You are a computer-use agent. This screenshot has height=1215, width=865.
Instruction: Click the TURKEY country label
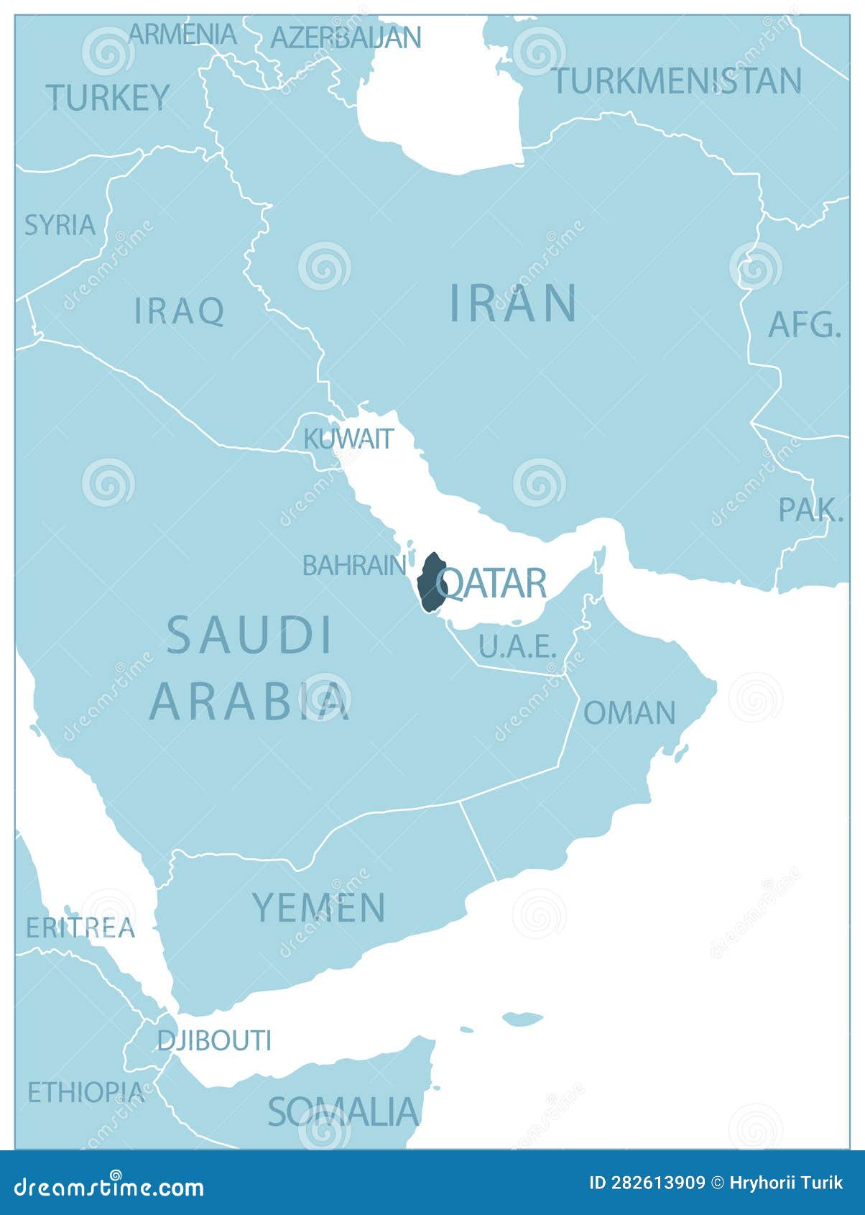point(108,97)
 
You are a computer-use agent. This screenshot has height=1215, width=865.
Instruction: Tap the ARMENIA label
point(182,34)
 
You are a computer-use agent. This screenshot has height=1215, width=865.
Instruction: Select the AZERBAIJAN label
point(346,37)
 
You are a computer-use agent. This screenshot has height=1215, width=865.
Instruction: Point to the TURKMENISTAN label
point(677,81)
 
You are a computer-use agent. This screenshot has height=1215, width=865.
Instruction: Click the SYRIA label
point(60,225)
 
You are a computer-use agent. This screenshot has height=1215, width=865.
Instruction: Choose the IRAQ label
point(180,311)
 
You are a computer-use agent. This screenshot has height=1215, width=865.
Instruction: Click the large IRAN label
point(513,303)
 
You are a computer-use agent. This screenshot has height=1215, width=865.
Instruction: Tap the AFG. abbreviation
point(804,325)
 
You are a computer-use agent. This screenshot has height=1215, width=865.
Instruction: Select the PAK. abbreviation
point(810,510)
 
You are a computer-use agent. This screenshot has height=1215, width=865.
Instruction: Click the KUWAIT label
point(348,438)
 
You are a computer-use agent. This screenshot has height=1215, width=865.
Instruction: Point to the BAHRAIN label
point(354,565)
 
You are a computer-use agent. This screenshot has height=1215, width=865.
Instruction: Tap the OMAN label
point(629,712)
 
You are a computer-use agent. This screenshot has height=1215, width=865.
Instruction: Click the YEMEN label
point(319,907)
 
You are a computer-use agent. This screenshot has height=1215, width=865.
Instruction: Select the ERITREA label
point(80,927)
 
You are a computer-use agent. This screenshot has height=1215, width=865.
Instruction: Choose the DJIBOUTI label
point(214,1040)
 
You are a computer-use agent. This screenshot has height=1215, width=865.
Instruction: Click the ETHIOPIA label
point(85,1092)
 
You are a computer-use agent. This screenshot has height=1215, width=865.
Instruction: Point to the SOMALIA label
point(343,1111)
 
